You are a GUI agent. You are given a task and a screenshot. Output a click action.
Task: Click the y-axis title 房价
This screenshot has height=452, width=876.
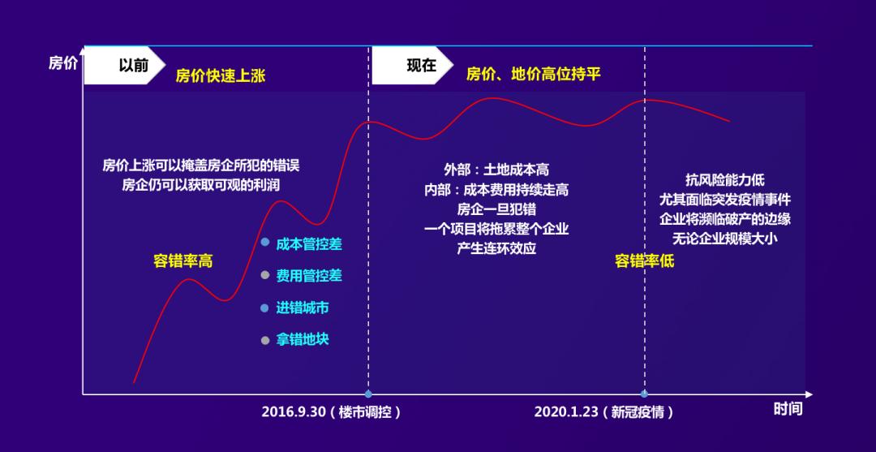[x=63, y=63]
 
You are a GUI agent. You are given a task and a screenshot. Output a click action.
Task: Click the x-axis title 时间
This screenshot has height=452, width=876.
[x=787, y=408]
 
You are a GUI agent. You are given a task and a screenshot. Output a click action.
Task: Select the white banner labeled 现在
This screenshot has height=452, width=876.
[x=416, y=66]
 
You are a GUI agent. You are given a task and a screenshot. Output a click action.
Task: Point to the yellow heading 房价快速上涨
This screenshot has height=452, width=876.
[x=221, y=75]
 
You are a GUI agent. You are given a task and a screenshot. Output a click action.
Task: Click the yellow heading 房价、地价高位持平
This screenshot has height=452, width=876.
[x=533, y=75]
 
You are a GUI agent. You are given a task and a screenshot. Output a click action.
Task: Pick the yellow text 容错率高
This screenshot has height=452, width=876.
[x=182, y=260]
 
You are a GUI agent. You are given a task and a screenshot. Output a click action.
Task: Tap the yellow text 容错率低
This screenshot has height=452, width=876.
[x=644, y=260]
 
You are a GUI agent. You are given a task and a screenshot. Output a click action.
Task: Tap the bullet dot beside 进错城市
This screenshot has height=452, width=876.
[x=264, y=308]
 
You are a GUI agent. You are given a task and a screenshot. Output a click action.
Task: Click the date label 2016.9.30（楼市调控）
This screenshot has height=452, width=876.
[x=332, y=411]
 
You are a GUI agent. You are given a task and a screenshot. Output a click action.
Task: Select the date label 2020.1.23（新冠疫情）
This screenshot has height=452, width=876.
[x=604, y=411]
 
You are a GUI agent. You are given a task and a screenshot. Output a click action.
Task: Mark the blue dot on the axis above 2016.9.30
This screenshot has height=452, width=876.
[x=368, y=394]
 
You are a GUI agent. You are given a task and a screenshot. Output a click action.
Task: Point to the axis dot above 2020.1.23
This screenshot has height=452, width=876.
[x=645, y=394]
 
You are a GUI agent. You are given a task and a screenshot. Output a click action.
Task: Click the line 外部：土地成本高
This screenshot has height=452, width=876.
[x=496, y=170]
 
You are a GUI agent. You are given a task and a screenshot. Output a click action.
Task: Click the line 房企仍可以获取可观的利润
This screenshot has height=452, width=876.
[x=201, y=185]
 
